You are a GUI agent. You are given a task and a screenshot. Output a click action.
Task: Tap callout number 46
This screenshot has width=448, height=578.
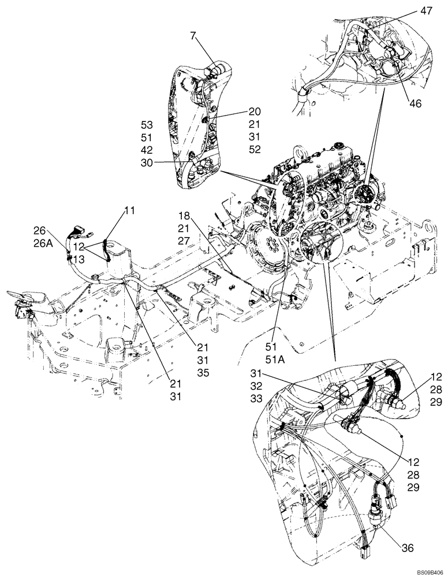(416, 104)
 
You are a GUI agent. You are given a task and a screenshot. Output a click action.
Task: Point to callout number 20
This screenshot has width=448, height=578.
(255, 112)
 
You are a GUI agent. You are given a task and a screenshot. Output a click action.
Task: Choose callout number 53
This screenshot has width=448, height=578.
(148, 124)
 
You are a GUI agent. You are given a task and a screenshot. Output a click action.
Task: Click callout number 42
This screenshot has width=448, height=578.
(148, 150)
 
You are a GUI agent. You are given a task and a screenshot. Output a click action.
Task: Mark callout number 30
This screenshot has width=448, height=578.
(148, 162)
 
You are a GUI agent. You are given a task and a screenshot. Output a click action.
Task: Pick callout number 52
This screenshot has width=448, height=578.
(255, 150)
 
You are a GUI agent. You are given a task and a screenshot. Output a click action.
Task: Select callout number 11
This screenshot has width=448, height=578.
(129, 210)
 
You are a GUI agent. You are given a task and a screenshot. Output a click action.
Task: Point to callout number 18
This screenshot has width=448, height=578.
(185, 215)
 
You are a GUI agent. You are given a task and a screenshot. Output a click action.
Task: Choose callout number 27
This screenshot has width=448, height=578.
(185, 240)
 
